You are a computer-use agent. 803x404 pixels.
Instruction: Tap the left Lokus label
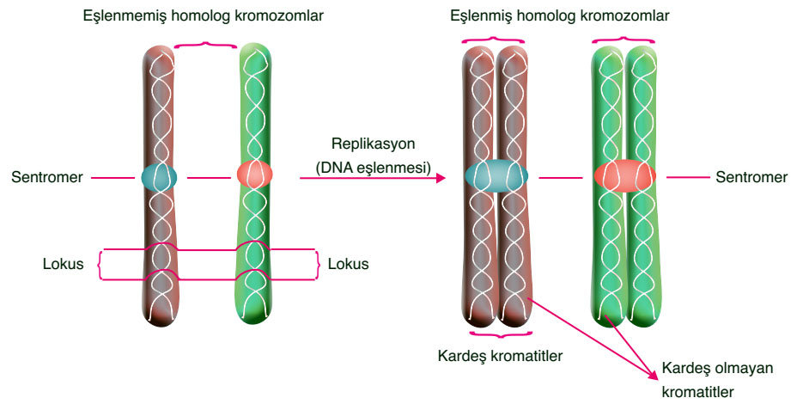click(63, 264)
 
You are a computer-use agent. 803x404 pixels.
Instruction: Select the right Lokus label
click(348, 264)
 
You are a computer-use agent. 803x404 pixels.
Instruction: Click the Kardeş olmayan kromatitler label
click(717, 379)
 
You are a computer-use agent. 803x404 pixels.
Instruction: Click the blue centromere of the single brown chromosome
click(159, 177)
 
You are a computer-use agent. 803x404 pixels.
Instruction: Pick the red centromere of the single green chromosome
click(254, 175)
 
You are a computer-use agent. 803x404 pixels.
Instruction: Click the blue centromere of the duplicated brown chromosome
click(496, 175)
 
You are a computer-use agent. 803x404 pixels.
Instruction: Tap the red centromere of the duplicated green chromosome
click(624, 175)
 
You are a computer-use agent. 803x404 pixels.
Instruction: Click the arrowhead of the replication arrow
click(441, 178)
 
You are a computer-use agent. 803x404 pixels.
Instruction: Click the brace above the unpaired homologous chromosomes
click(204, 45)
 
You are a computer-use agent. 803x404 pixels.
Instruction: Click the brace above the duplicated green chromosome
click(624, 38)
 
